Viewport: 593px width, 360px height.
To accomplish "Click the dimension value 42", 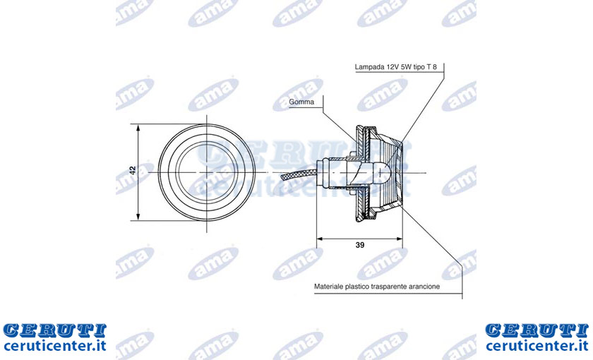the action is (133, 170).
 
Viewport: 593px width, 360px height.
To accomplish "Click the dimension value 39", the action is (360, 245).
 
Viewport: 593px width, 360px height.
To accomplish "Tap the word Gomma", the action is (301, 102).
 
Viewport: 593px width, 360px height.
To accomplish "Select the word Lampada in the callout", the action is (369, 67).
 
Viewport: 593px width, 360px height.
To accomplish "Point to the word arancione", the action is (424, 287).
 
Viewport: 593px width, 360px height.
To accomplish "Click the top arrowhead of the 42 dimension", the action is (138, 128).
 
